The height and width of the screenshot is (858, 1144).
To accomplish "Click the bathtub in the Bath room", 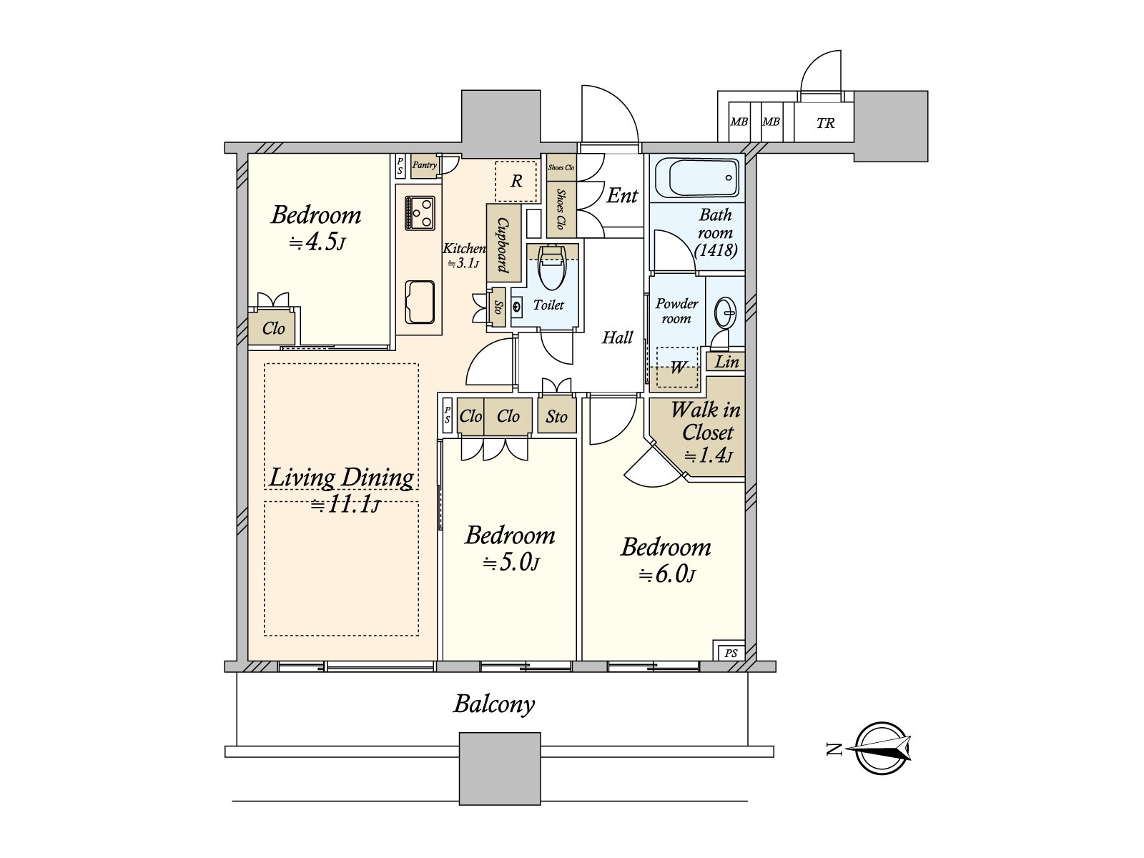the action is [x=696, y=177].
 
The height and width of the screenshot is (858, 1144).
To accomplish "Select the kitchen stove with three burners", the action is [x=420, y=212].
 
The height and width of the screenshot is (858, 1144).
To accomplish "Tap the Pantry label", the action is [x=424, y=165].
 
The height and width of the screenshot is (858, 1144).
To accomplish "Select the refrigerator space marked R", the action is [x=516, y=181].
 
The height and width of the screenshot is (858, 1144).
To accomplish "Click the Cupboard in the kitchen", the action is [x=503, y=243].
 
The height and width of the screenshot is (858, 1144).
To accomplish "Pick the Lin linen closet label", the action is [x=726, y=362].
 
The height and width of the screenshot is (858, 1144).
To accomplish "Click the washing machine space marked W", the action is [x=677, y=368].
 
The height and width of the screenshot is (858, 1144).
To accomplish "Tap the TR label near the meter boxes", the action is [x=825, y=123].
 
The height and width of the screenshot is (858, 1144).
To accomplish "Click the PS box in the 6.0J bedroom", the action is [x=730, y=653].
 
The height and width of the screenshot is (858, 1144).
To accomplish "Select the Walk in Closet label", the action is [x=706, y=421].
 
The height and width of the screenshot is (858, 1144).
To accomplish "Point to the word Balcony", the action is [x=494, y=705].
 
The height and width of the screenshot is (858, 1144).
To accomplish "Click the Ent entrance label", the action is [x=622, y=196].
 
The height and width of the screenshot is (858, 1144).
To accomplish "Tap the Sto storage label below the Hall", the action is [x=556, y=416].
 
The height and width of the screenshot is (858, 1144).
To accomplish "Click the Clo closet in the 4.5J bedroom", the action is [x=274, y=328].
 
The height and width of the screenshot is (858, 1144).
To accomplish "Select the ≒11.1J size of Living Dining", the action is [x=345, y=504].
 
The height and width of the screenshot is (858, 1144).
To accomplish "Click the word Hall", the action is [x=618, y=337].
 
